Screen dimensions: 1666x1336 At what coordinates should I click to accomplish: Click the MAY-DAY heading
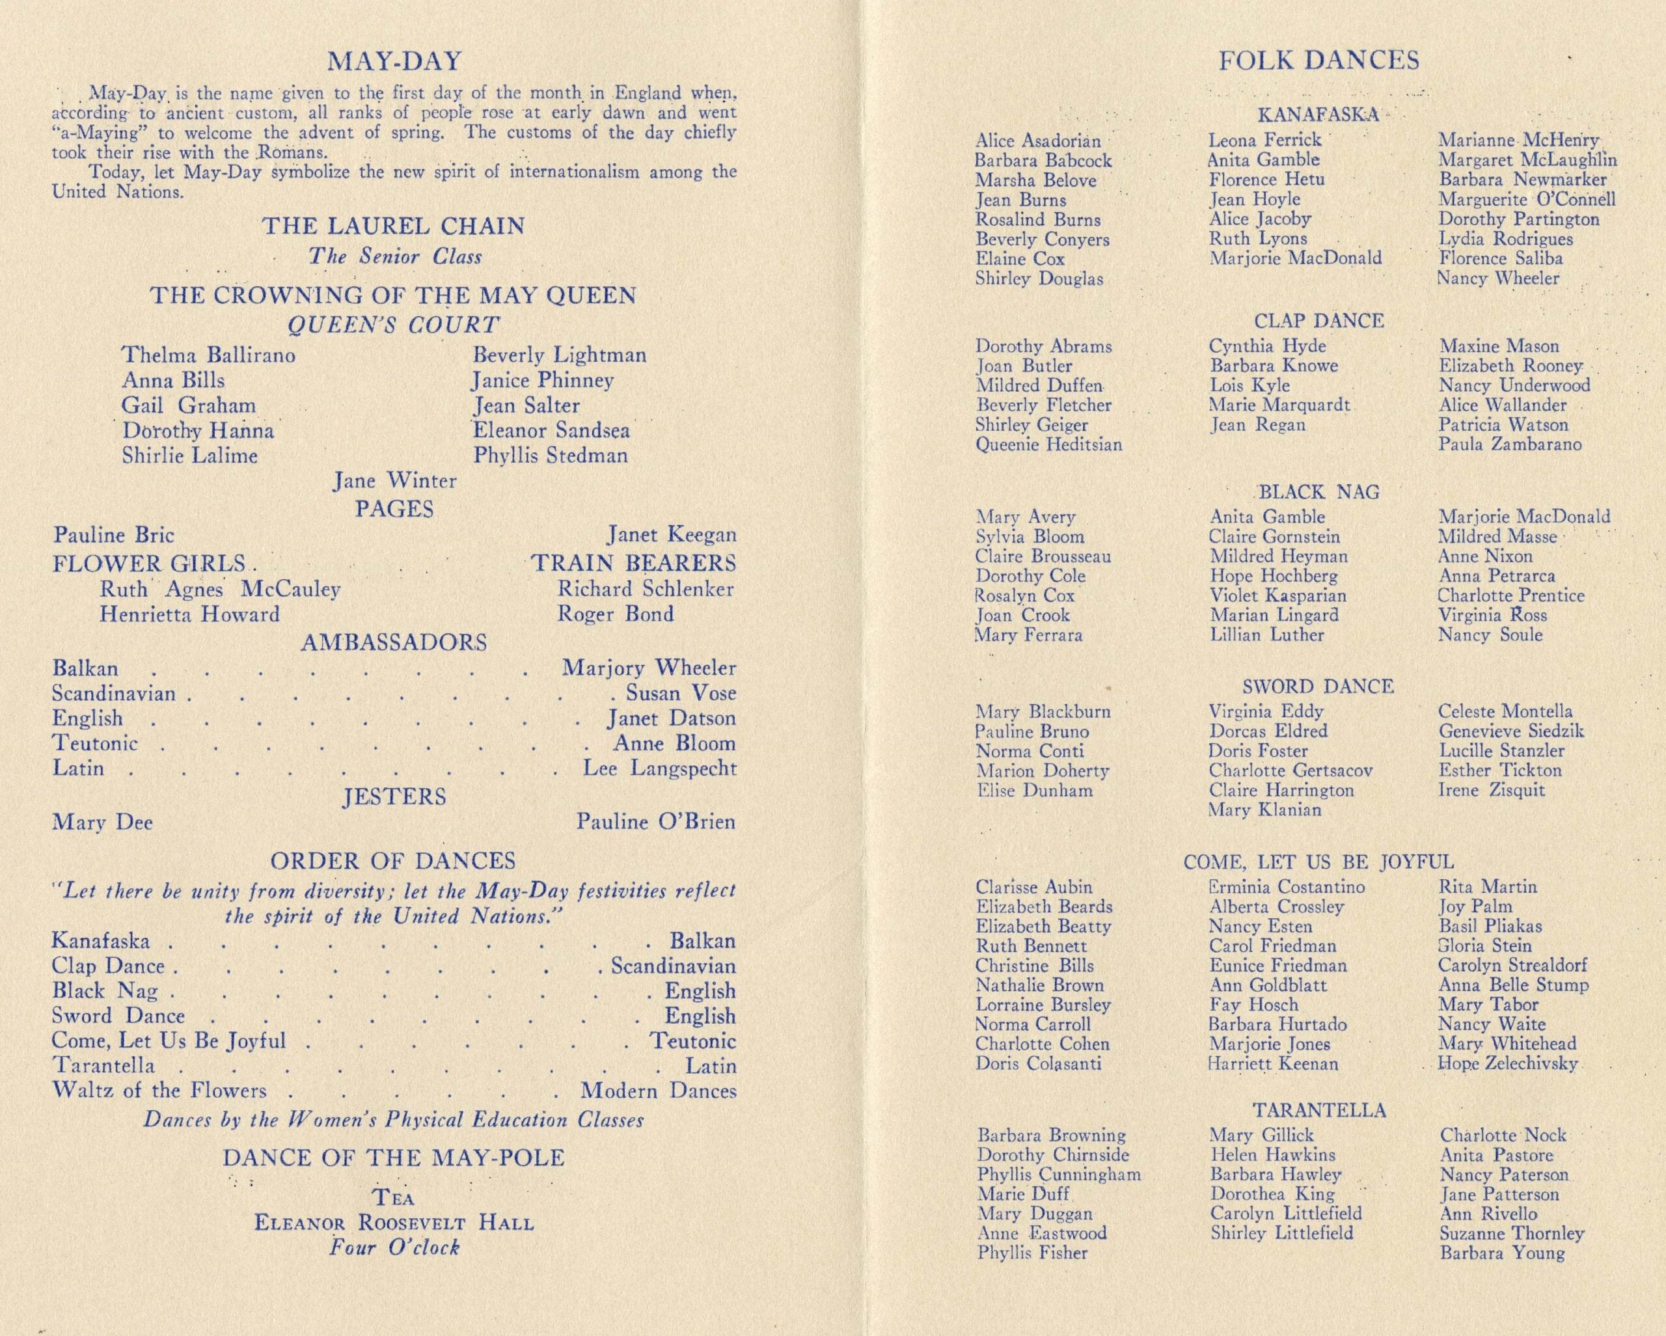(x=394, y=61)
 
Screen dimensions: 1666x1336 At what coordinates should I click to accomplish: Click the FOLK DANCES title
(x=1318, y=61)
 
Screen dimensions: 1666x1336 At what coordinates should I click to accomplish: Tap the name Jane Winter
(x=395, y=481)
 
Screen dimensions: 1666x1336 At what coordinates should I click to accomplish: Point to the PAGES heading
(x=394, y=509)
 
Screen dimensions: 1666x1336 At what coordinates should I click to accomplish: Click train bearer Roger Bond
(x=615, y=614)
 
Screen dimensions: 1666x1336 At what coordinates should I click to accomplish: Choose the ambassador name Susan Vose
(x=681, y=693)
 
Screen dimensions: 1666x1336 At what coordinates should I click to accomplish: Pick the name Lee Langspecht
(x=659, y=768)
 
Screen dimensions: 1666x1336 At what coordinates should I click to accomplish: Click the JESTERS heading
(x=394, y=797)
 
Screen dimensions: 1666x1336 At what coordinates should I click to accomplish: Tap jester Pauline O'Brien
(x=655, y=821)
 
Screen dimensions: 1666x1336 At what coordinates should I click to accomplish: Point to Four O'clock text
(x=394, y=1247)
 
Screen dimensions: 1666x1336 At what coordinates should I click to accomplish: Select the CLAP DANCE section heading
(x=1318, y=321)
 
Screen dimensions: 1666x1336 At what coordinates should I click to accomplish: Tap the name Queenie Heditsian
(x=1048, y=444)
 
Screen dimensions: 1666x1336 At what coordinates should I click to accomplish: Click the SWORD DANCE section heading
(x=1318, y=686)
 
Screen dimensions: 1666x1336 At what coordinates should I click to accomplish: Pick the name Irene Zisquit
(x=1480, y=790)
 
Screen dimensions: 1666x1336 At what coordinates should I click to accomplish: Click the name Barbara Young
(x=1501, y=1253)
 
